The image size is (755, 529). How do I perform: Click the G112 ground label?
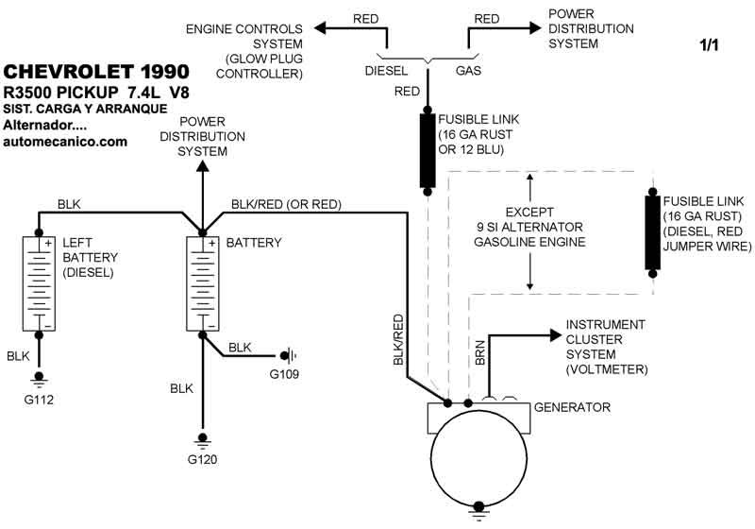tap(40, 400)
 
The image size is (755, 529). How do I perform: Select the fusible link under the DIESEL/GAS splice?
tap(428, 151)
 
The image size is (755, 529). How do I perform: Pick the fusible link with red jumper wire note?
tap(651, 232)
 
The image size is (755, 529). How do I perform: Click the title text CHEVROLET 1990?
tap(96, 72)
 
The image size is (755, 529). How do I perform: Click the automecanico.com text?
tap(65, 142)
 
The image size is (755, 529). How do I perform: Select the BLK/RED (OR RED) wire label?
tap(286, 204)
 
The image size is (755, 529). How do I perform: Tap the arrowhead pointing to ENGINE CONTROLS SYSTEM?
tap(321, 27)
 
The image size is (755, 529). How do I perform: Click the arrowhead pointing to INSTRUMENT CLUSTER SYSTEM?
tap(555, 333)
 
